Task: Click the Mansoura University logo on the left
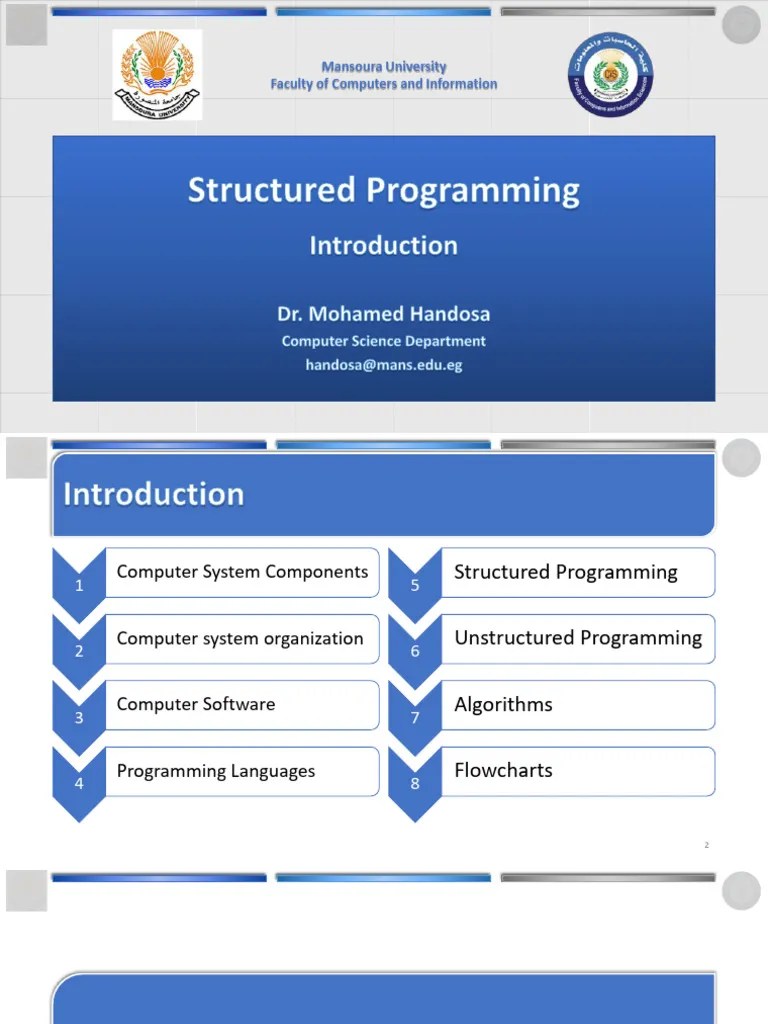(157, 74)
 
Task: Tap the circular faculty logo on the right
(610, 74)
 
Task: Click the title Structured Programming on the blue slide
(383, 190)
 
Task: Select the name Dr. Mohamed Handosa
(383, 314)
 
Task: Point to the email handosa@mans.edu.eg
(383, 365)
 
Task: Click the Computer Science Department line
(383, 341)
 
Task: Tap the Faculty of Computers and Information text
(383, 84)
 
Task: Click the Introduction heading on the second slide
(154, 494)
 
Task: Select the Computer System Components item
(242, 572)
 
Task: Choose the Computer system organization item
(240, 638)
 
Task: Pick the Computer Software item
(196, 704)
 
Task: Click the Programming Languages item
(216, 771)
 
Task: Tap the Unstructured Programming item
(578, 638)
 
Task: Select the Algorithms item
(503, 704)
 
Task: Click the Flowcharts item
(503, 770)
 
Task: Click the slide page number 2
(706, 846)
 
